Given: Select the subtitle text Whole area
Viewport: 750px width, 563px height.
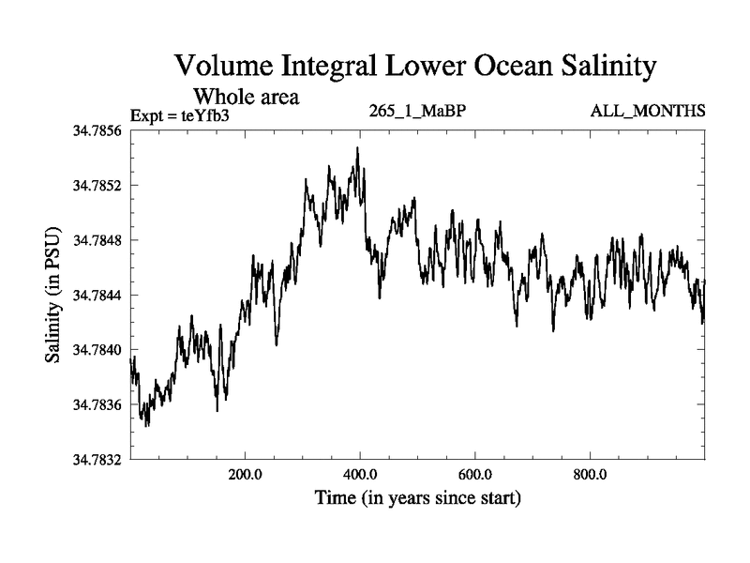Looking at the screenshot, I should click(x=246, y=96).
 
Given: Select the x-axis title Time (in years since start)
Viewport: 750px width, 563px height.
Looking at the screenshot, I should click(x=416, y=497).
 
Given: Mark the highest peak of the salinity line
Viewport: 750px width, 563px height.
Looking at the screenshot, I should click(x=357, y=148).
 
